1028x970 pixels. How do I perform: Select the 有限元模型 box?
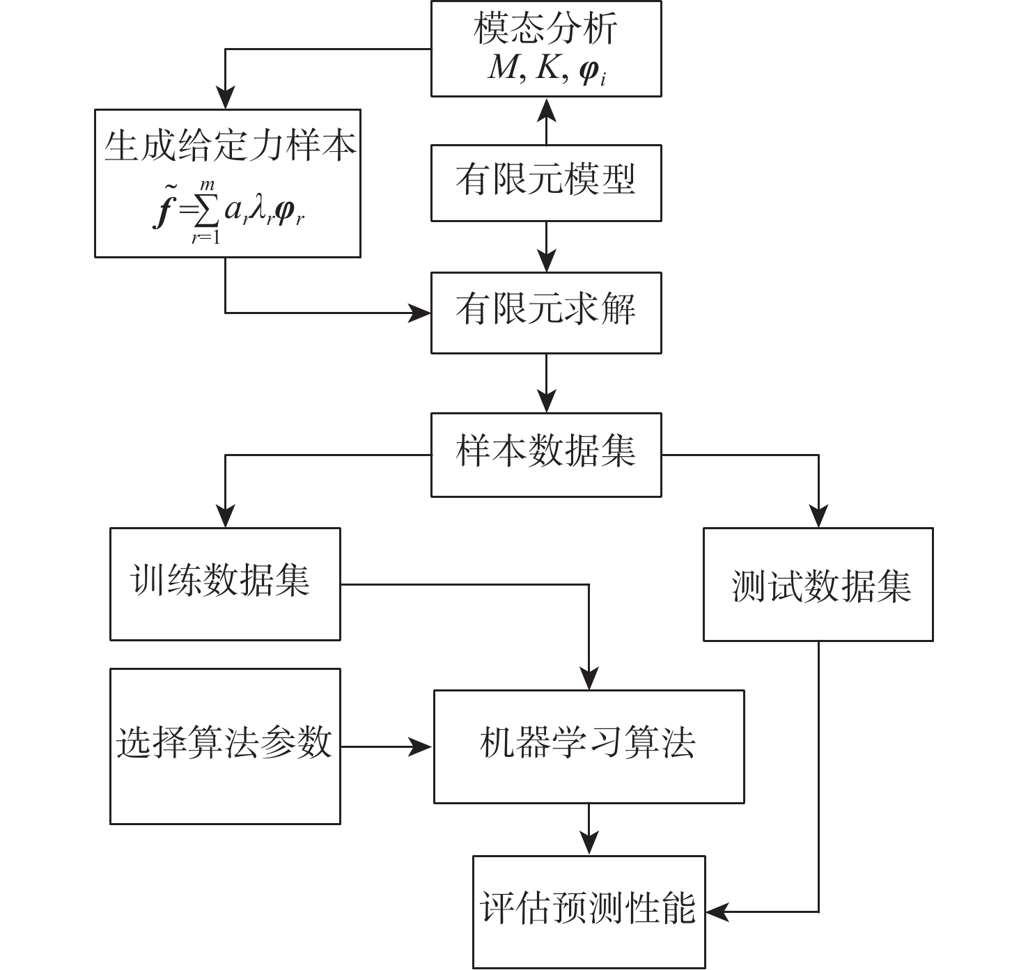click(545, 182)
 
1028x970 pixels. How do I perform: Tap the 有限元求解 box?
click(545, 312)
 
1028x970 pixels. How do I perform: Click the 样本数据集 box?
click(545, 454)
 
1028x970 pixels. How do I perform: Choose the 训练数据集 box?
click(225, 584)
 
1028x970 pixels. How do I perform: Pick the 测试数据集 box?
click(818, 584)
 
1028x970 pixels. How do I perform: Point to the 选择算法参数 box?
click(225, 746)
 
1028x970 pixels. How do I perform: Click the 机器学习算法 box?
click(589, 746)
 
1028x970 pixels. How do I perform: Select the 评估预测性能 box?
click(589, 911)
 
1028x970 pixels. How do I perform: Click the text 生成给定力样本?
click(228, 147)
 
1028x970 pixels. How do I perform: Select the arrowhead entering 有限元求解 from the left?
click(421, 313)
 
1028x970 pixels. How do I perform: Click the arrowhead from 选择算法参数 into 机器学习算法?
click(422, 747)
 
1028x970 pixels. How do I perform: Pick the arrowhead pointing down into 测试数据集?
click(818, 517)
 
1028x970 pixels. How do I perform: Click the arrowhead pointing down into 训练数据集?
click(225, 517)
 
